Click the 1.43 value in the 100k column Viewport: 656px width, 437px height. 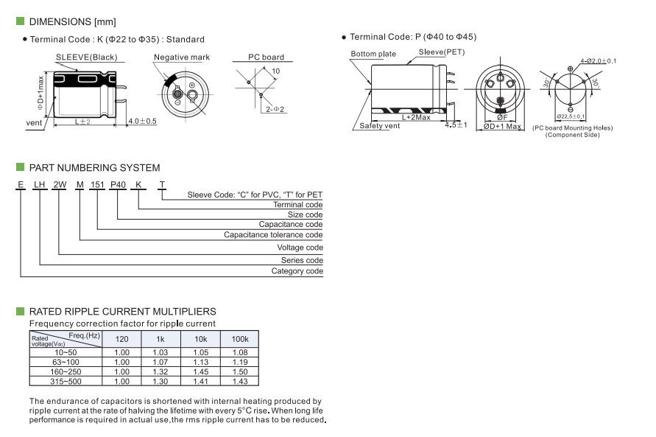tap(239, 382)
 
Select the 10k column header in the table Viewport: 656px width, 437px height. tap(200, 338)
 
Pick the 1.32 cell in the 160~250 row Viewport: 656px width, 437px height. tap(160, 372)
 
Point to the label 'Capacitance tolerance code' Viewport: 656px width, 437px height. tap(273, 235)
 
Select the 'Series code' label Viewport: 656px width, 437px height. tap(302, 260)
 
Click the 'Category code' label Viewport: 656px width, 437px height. tap(297, 271)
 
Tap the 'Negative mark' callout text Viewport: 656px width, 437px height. tap(181, 57)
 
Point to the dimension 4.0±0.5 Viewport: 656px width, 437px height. tap(142, 121)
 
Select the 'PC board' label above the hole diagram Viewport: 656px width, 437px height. tap(265, 57)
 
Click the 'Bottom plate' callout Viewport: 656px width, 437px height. tap(373, 54)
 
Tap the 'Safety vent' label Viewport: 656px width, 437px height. tap(380, 126)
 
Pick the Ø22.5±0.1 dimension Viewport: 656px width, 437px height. tap(571, 116)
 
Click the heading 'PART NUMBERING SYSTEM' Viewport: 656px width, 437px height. tap(94, 168)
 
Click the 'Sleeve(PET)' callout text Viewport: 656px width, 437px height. tap(442, 52)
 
